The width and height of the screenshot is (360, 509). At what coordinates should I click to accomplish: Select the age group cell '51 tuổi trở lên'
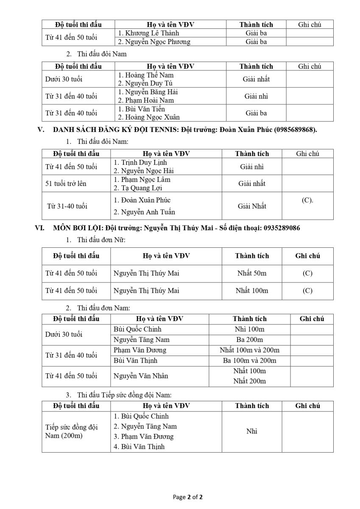tap(67, 184)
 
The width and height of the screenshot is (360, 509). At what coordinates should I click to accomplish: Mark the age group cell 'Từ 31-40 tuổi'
tap(67, 206)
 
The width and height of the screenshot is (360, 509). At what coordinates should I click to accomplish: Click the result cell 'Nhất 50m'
tap(252, 273)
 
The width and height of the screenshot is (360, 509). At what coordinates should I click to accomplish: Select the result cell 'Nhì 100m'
tap(249, 329)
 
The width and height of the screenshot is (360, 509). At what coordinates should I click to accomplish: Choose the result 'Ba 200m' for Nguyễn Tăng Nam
tap(249, 339)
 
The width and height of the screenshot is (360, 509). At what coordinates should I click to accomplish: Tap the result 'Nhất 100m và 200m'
tap(249, 350)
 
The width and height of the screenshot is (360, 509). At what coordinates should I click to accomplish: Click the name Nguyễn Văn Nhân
tap(141, 376)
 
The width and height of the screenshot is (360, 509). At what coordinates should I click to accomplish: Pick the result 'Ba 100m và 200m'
tap(249, 361)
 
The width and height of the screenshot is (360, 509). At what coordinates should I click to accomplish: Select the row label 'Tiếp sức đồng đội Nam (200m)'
tap(71, 431)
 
